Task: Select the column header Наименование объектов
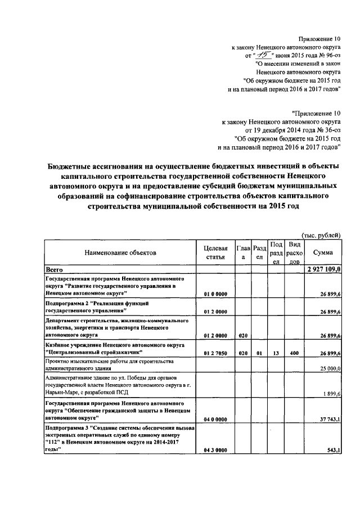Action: [x=120, y=253]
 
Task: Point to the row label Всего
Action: [x=55, y=271]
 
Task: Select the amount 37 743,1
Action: [x=328, y=419]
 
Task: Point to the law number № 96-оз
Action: [x=327, y=55]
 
